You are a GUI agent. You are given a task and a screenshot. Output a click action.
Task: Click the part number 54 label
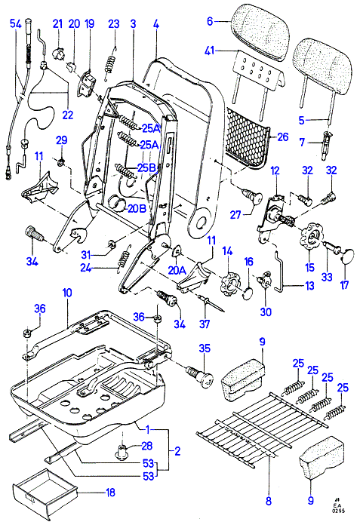point(16,24)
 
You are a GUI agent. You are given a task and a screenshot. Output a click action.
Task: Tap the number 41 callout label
point(210,51)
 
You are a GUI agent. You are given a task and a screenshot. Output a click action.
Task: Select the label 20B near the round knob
point(137,209)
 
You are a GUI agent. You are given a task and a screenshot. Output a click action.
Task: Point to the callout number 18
point(110,493)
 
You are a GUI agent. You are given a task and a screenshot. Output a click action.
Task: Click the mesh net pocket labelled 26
point(248,138)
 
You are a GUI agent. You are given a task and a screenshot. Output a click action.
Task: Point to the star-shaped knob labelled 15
point(311,238)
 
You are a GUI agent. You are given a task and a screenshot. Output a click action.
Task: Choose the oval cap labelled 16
point(248,293)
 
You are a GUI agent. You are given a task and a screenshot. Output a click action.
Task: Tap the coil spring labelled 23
point(110,63)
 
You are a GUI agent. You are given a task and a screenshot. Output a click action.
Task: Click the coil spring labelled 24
point(125,256)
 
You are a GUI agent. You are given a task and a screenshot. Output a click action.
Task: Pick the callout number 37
point(205,324)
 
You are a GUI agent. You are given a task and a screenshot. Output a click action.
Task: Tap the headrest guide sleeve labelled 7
point(326,146)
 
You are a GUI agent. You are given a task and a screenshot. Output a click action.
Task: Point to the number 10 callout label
point(67,293)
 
